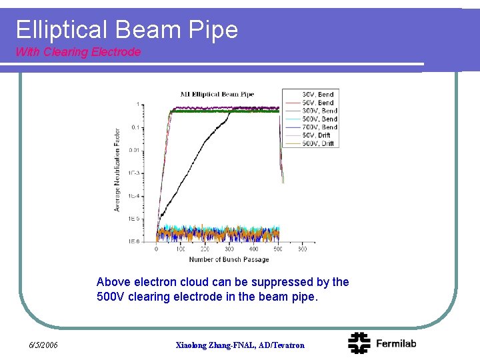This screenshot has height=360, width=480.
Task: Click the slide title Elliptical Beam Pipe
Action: [x=127, y=29]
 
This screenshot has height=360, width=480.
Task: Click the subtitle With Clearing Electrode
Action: [x=78, y=52]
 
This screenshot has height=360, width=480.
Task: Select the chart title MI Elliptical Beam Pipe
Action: [x=217, y=94]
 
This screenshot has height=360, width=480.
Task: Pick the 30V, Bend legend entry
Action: [x=318, y=95]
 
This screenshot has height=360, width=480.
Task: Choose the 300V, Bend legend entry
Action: [x=319, y=111]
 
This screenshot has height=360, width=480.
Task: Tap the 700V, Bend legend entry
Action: [x=319, y=127]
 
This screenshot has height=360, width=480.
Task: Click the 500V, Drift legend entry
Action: [x=318, y=143]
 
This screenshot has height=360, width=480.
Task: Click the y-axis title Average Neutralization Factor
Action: [x=117, y=170]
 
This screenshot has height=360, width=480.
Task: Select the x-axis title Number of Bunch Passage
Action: [x=229, y=259]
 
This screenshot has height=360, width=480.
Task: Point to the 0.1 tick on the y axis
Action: [x=135, y=127]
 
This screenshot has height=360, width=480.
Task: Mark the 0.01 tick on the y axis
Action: [x=134, y=150]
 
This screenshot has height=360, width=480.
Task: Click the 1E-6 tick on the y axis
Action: [x=134, y=241]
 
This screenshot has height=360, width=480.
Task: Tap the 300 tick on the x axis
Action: [x=229, y=249]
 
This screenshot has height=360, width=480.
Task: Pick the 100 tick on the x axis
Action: [x=181, y=249]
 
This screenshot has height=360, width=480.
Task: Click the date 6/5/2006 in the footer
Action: [x=43, y=345]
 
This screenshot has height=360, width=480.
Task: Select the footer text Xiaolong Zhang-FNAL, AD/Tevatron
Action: [x=239, y=345]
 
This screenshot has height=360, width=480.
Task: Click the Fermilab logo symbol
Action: [x=359, y=343]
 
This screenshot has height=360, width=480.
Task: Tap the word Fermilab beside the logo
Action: [x=396, y=343]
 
